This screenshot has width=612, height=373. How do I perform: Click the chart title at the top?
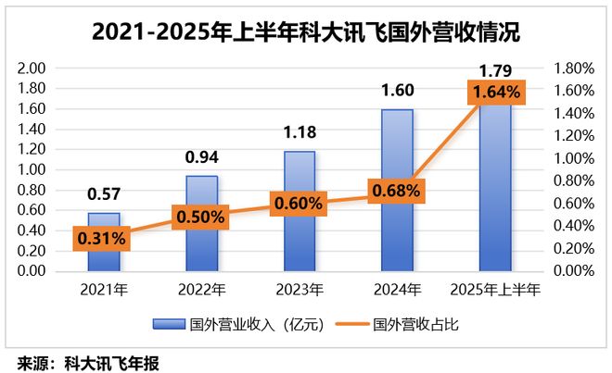(306, 31)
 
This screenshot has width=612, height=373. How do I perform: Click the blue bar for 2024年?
(397, 231)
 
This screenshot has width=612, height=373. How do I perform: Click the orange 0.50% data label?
(201, 216)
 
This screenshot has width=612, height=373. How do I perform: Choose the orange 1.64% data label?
(495, 93)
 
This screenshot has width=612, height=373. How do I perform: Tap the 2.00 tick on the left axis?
(32, 68)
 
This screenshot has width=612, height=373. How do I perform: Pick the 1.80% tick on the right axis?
(573, 68)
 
